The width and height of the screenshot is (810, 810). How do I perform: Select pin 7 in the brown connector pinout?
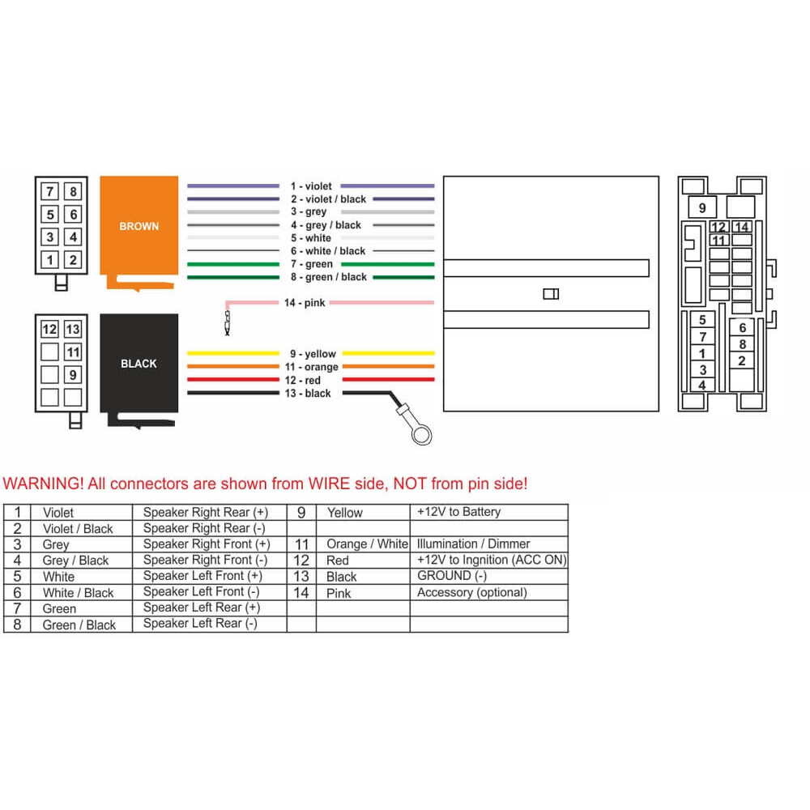(50, 192)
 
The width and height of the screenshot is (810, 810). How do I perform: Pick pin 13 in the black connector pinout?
(73, 329)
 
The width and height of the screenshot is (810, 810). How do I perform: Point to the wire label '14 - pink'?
(305, 303)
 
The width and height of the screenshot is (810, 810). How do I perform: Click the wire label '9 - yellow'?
(313, 354)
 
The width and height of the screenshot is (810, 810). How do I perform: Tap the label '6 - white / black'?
(327, 251)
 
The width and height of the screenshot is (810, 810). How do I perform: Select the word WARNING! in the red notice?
(43, 484)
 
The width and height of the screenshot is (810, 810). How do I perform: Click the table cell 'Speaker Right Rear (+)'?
(206, 512)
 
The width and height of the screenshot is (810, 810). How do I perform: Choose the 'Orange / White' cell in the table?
(367, 544)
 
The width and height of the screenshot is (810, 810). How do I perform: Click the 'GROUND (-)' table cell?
(452, 575)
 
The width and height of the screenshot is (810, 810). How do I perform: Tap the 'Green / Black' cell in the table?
(79, 625)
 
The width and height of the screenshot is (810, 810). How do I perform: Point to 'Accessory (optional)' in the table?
(472, 592)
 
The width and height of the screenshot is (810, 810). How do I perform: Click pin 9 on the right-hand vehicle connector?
(702, 207)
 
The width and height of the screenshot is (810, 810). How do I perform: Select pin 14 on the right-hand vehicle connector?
(742, 227)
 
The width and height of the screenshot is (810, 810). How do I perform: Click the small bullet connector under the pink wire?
(228, 322)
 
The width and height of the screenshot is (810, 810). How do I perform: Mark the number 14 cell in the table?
(301, 593)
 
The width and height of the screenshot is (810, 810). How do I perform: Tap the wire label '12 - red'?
(303, 380)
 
